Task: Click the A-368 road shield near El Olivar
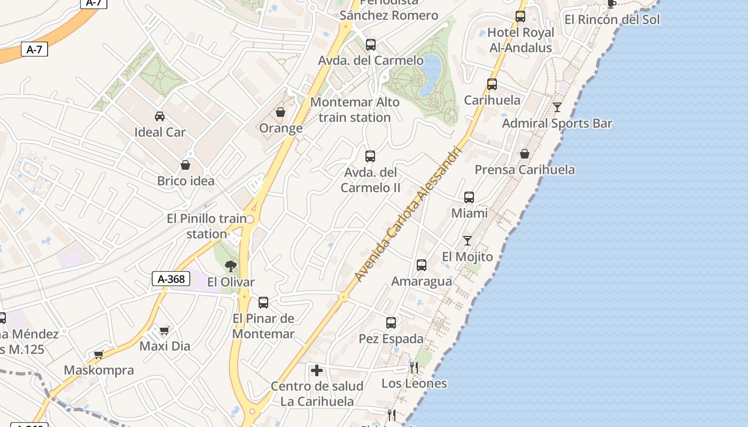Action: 171,278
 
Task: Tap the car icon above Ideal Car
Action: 159,116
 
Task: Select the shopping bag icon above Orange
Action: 280,112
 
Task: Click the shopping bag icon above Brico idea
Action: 185,165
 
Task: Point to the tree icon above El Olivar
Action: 231,266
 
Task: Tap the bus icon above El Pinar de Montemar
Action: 263,303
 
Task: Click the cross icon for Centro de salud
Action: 317,370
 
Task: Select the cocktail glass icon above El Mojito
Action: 467,240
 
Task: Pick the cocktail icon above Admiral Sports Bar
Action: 557,107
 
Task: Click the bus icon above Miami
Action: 469,197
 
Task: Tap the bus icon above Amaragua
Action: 422,265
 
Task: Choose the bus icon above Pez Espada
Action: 391,322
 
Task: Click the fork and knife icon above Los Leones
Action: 414,367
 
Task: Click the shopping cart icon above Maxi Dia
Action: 164,330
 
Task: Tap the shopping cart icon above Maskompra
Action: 98,354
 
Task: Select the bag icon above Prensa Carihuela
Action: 525,154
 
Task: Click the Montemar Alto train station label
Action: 355,109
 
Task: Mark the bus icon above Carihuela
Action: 492,84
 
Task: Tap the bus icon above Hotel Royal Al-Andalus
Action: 520,16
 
